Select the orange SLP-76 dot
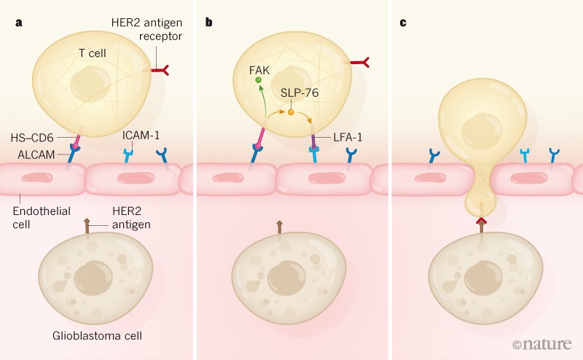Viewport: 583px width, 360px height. (x=291, y=113)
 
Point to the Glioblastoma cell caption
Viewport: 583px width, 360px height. (x=96, y=336)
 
